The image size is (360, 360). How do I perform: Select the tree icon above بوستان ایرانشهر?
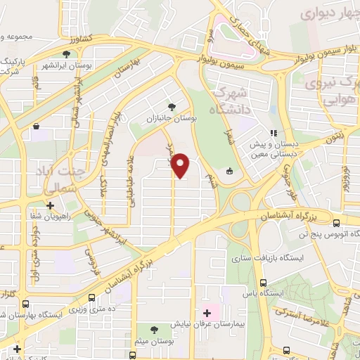[x=66, y=53]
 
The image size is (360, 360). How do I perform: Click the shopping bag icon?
[x=36, y=127]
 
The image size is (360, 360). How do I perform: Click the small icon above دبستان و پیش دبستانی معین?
[x=274, y=132]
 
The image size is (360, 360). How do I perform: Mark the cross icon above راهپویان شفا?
[x=50, y=205]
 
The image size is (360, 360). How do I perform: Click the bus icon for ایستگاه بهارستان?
[x=26, y=304]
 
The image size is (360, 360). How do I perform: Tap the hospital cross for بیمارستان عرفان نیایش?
[x=206, y=312]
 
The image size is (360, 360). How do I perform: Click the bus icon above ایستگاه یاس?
[x=263, y=282]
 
